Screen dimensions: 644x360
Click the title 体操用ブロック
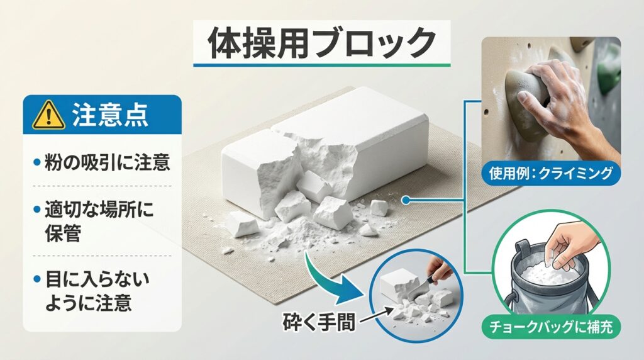(x=321, y=43)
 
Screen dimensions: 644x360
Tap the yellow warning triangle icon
(x=49, y=115)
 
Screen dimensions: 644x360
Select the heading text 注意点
(x=110, y=115)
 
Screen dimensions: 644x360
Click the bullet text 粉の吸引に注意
(x=107, y=162)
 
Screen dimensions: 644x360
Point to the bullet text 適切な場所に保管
(x=99, y=221)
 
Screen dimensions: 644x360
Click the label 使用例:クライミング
(x=551, y=174)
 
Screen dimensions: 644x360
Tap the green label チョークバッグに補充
(x=551, y=327)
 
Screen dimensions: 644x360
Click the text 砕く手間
(x=319, y=322)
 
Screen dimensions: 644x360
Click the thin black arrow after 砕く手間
(x=376, y=315)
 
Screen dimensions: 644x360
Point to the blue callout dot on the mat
(x=406, y=201)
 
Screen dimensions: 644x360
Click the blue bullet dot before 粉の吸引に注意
(x=36, y=162)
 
